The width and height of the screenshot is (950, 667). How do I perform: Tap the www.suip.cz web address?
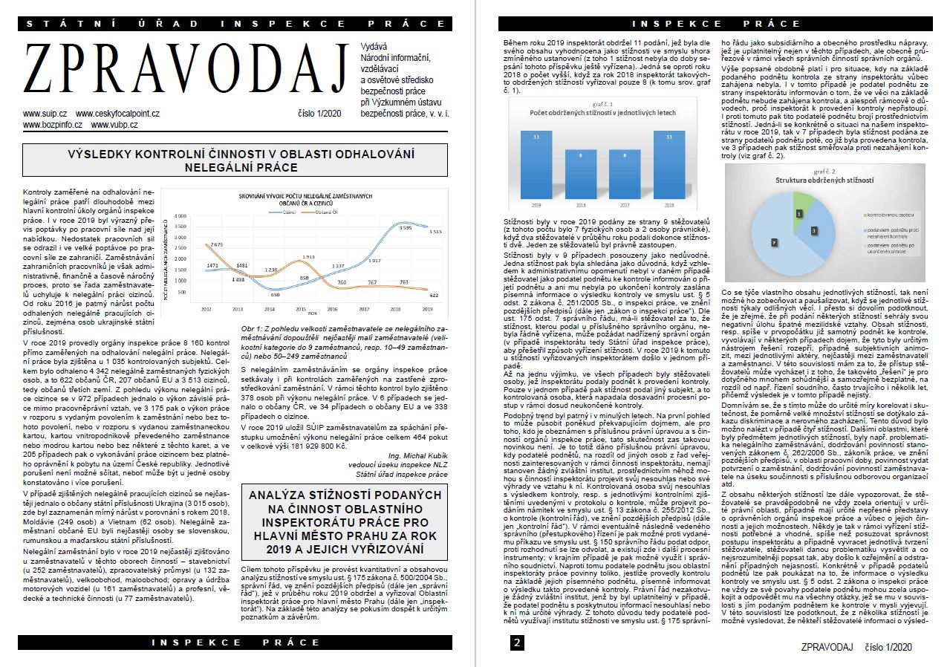(45, 114)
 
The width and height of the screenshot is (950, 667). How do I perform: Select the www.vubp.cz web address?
(114, 125)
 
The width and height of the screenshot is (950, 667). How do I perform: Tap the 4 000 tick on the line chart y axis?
(180, 216)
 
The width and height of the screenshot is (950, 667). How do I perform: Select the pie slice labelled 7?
(774, 242)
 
